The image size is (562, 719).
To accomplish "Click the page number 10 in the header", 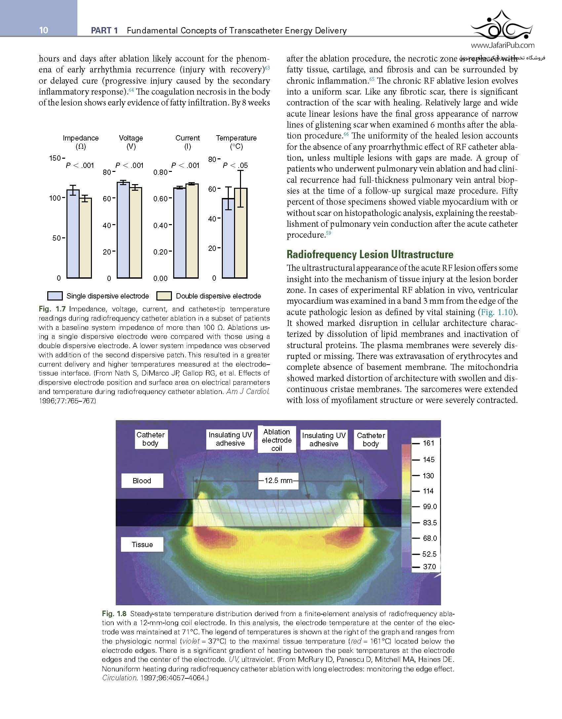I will click(44, 30).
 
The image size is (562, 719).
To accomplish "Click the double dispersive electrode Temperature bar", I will click(241, 233).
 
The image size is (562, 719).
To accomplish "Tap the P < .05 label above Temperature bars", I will click(235, 166).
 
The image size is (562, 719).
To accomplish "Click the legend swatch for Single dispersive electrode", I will click(55, 296).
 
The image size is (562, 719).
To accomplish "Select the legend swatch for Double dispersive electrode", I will click(164, 296).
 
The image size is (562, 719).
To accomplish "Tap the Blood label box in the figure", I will click(142, 481).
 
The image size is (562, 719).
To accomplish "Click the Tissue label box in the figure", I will click(142, 544).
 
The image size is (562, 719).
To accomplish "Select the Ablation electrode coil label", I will click(277, 440).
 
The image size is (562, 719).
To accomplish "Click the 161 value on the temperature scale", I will click(428, 443).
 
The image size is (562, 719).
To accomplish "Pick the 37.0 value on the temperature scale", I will click(429, 567).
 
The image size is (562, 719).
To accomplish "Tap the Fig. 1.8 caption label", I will click(114, 614).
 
